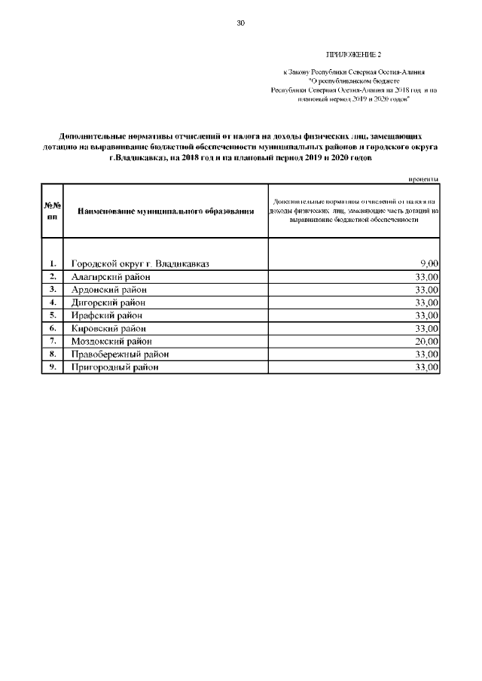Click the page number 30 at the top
point(241,23)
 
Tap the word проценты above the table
point(424,178)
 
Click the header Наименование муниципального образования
point(166,211)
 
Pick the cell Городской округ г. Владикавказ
point(140,263)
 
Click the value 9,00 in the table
point(429,263)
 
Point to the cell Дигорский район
point(109,302)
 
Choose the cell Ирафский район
point(106,315)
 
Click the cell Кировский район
point(108,328)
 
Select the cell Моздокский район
point(111,341)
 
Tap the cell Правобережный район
point(120,354)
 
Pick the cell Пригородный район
point(115,367)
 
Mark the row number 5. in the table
point(53,315)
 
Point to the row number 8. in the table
point(53,354)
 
